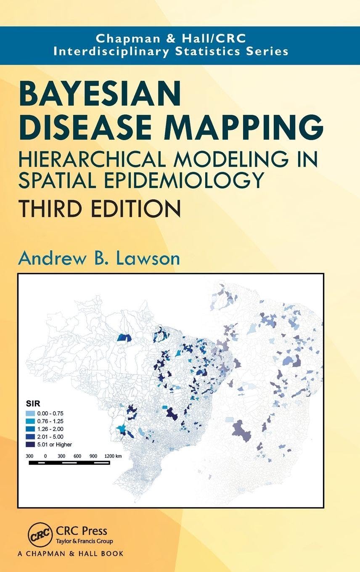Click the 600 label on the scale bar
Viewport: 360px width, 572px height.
pyautogui.click(x=77, y=456)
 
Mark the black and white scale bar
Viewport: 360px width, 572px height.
pyautogui.click(x=69, y=463)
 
